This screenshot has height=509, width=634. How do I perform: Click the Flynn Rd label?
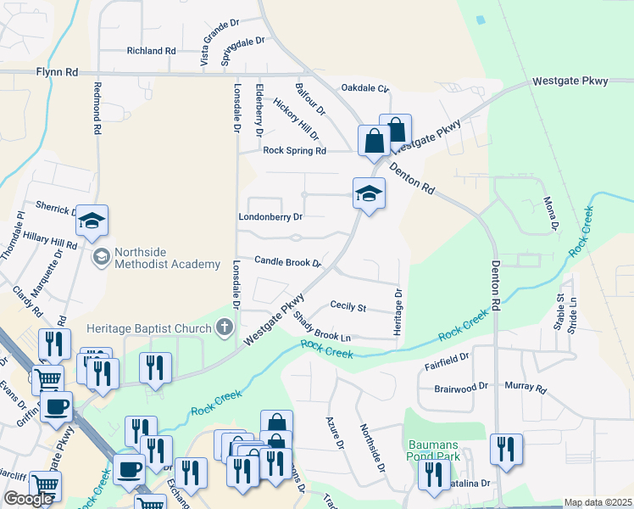coord(58,73)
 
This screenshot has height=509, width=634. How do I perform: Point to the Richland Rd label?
coord(151,51)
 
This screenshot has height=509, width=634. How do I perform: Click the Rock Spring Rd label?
coord(294,151)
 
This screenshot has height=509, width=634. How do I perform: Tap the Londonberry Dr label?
coord(271,217)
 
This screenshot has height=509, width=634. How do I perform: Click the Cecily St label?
coord(348,306)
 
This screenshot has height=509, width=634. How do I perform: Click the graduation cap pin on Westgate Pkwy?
coord(369,195)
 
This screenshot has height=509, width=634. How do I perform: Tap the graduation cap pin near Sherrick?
coord(92,223)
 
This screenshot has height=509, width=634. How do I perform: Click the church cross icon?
coord(225,327)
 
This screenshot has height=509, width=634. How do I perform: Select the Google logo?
coord(28,499)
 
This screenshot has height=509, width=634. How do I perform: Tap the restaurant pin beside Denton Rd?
coord(506,450)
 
